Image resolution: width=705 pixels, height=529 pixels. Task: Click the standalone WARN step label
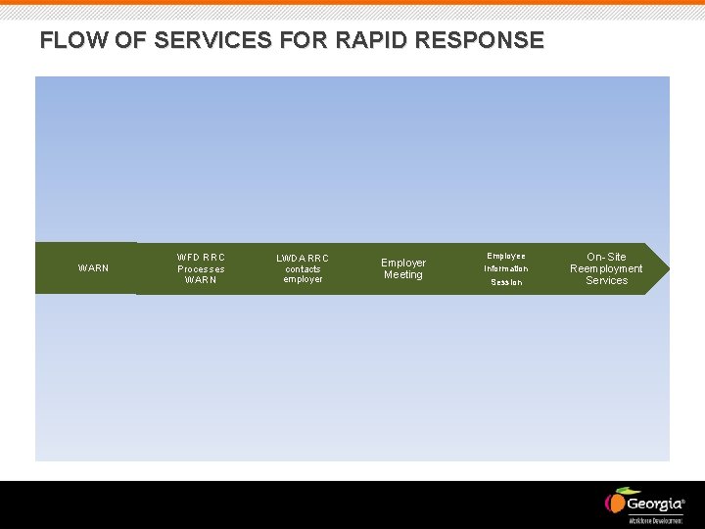[x=93, y=268]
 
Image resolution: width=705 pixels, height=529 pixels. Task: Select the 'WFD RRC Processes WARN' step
[x=201, y=268]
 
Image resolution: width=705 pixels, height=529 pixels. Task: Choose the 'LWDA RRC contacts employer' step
[x=303, y=268]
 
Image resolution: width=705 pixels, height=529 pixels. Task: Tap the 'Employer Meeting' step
[x=403, y=268]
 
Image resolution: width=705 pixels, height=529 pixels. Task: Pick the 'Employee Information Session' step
[x=505, y=268]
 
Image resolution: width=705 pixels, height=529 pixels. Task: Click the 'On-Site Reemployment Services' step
[x=606, y=268]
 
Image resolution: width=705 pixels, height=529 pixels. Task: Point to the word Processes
[x=201, y=268]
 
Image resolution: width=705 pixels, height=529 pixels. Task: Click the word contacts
[x=303, y=268]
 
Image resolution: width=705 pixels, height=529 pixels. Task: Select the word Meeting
[x=403, y=275]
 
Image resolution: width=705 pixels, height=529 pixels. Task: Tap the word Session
[x=506, y=282]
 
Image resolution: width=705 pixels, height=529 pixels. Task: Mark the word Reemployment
[x=606, y=268]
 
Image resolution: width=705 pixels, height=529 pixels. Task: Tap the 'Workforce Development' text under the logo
[x=655, y=520]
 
